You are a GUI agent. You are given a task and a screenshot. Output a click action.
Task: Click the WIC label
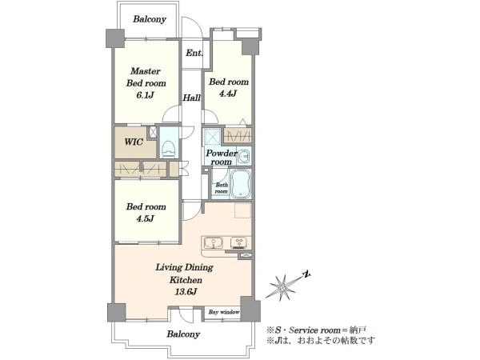pyautogui.click(x=134, y=142)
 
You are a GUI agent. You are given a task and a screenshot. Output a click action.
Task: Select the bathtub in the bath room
pyautogui.click(x=240, y=184)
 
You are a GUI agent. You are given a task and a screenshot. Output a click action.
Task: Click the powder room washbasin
pyautogui.click(x=244, y=156)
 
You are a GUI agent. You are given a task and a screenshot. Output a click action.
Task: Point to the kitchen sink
pyautogui.click(x=214, y=243)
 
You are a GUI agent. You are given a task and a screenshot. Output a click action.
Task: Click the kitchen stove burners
pyautogui.click(x=239, y=243)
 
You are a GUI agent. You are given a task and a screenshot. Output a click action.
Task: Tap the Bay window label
pyautogui.click(x=224, y=312)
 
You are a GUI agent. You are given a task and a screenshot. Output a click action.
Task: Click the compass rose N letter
pyautogui.click(x=306, y=274)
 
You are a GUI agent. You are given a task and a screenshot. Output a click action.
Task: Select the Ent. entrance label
pyautogui.click(x=194, y=53)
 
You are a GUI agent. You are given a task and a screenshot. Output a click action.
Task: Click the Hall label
pyautogui.click(x=192, y=98)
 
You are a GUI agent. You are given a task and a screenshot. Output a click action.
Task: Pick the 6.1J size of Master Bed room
pyautogui.click(x=145, y=95)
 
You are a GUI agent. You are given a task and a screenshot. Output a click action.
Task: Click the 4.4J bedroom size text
pyautogui.click(x=228, y=94)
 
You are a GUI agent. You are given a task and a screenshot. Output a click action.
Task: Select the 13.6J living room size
pyautogui.click(x=186, y=292)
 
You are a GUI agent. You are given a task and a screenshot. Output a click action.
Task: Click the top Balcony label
pyautogui.click(x=150, y=19)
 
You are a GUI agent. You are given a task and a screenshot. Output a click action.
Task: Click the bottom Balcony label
pyautogui.click(x=183, y=334)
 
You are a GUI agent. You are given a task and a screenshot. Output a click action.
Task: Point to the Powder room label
pyautogui.click(x=222, y=158)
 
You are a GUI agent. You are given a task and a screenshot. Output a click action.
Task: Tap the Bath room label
pyautogui.click(x=222, y=188)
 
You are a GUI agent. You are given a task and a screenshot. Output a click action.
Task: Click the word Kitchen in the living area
pyautogui.click(x=186, y=280)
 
